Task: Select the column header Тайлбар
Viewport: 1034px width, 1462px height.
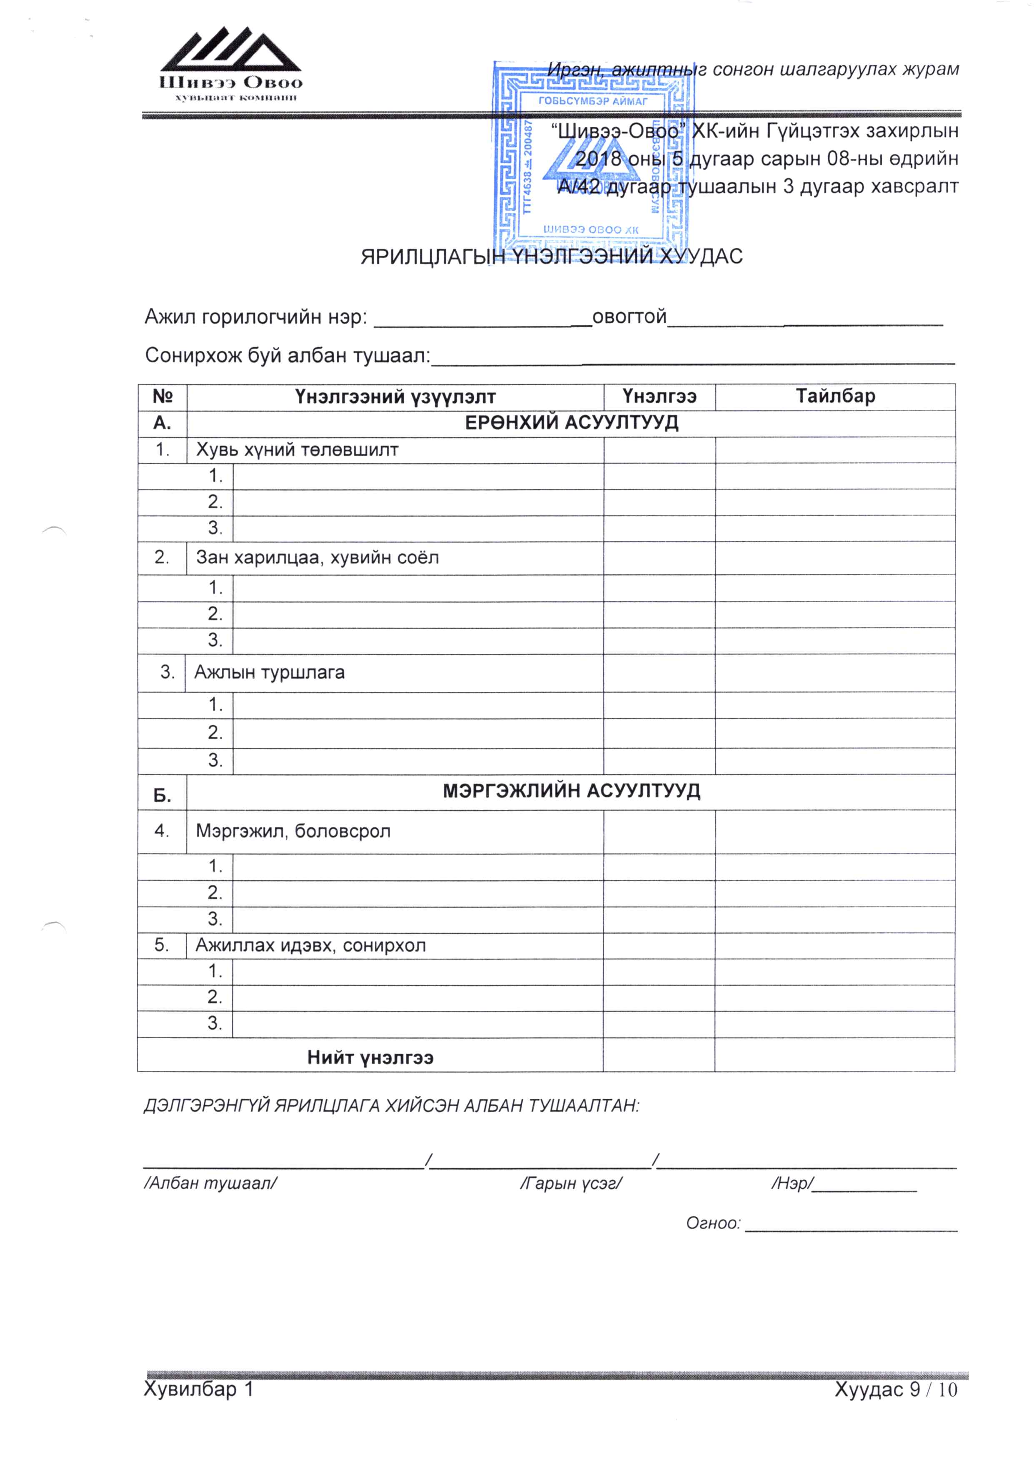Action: (835, 396)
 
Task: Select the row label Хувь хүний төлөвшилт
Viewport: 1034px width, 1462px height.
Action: (297, 450)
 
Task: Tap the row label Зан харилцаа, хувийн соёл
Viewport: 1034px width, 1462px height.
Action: (317, 558)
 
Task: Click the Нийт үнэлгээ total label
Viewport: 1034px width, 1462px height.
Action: (370, 1058)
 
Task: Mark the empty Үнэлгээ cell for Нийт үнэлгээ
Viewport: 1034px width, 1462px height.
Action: (658, 1055)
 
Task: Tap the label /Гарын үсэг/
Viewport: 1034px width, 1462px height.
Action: (571, 1183)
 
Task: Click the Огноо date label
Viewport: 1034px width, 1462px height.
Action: (713, 1223)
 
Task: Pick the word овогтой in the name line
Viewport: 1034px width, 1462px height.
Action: (629, 317)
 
